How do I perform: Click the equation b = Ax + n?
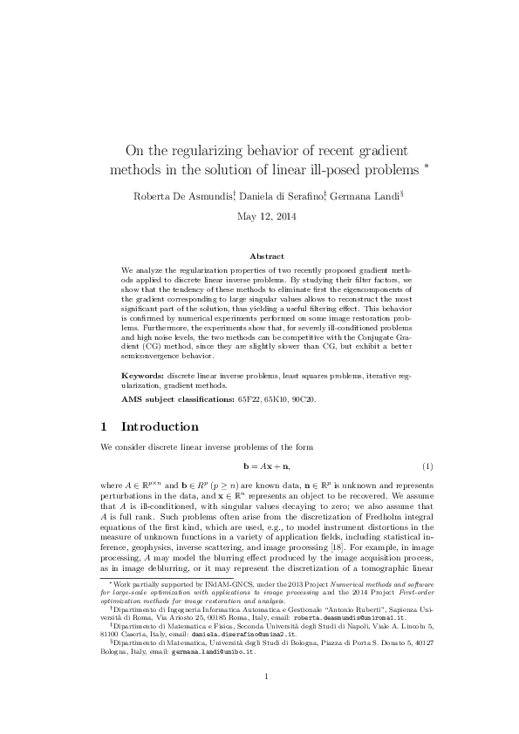259,468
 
